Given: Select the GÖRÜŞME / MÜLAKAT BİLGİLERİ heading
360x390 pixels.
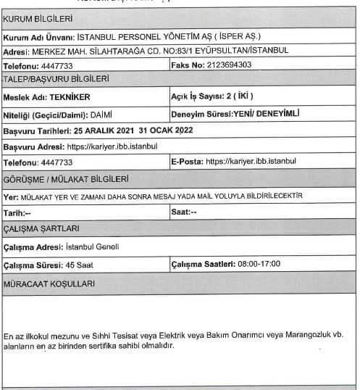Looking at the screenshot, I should (x=67, y=178).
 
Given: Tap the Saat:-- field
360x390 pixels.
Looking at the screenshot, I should (x=184, y=213).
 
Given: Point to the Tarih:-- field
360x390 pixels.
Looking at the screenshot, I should (x=17, y=213).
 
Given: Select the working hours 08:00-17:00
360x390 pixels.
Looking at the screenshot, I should (x=257, y=264).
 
